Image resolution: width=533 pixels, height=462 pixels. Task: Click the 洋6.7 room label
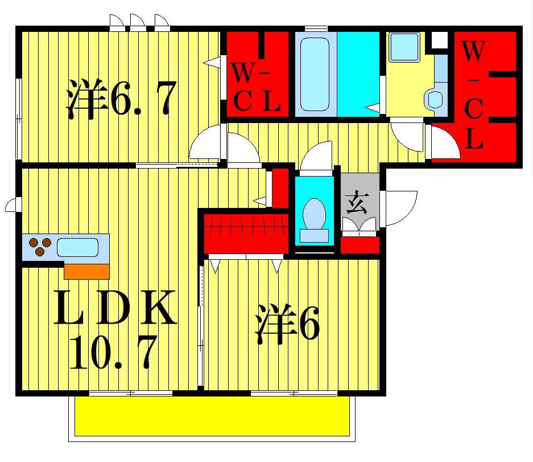120,99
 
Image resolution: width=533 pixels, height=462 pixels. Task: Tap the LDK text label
115,308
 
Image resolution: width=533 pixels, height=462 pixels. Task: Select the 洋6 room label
287,323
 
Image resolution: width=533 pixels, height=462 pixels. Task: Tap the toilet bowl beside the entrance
314,216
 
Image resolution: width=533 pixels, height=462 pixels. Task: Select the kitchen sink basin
77,248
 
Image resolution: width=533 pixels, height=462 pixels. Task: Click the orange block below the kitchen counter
86,271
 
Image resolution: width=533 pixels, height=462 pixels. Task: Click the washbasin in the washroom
436,99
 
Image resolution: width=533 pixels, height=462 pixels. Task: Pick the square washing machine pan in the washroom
403,46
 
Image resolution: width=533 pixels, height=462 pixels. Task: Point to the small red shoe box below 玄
360,245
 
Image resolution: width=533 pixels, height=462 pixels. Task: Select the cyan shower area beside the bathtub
358,73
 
